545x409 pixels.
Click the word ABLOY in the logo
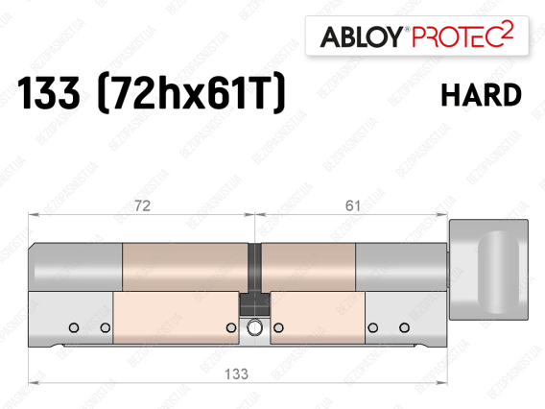[362, 36]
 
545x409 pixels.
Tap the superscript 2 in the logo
[508, 30]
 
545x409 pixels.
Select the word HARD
[481, 95]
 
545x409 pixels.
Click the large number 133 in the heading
[48, 93]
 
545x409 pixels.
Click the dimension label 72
[142, 205]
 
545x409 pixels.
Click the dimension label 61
[352, 205]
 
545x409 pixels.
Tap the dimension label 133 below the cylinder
[236, 374]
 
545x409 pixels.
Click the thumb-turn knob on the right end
[488, 270]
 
